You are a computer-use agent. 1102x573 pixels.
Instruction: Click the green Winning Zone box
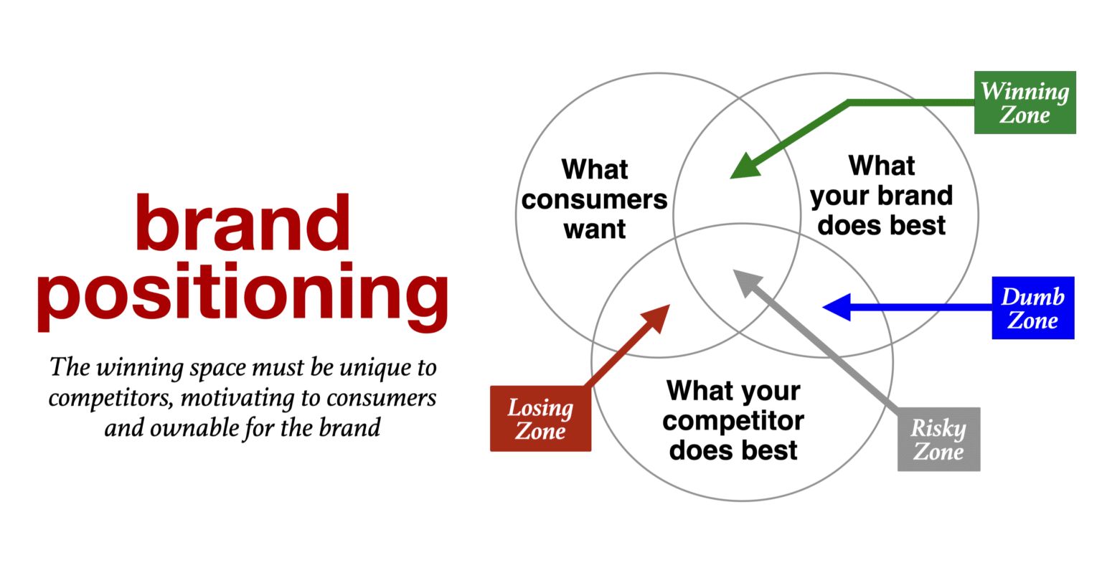[x=1025, y=103]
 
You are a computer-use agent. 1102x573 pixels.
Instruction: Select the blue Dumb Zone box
[x=1033, y=308]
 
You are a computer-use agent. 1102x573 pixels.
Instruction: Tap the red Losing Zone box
[x=540, y=419]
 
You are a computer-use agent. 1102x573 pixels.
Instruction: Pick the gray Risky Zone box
[x=938, y=440]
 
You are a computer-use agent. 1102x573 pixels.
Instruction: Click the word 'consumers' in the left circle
[x=594, y=199]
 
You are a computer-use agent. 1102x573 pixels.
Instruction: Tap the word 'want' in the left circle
[x=594, y=229]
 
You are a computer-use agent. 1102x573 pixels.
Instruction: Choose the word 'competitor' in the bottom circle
[x=733, y=421]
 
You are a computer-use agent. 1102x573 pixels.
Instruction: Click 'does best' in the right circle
[x=881, y=225]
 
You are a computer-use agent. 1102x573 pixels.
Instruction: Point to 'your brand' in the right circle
[x=881, y=196]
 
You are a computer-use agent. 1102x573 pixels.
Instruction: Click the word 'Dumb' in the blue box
[x=1033, y=296]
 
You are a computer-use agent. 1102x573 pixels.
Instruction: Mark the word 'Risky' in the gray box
[x=938, y=428]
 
